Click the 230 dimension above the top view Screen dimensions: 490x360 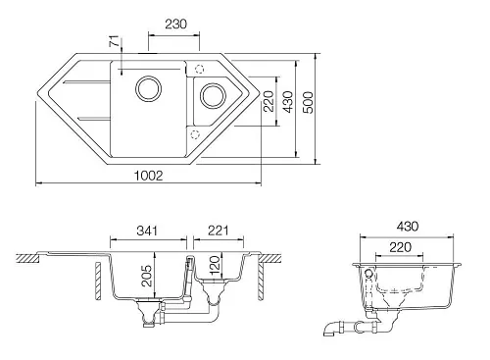coord(175,24)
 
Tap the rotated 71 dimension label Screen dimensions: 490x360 coord(114,42)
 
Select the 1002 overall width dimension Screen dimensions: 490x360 coord(148,176)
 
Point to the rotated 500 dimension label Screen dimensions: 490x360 coord(308,103)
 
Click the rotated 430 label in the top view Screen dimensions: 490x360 coord(288,102)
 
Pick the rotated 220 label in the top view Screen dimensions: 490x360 coord(269,101)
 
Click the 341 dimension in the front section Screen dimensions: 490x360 coord(147,231)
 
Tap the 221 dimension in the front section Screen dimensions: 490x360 coord(219,231)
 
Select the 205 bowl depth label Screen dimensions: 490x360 coord(147,276)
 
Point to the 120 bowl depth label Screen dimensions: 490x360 coord(215,266)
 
